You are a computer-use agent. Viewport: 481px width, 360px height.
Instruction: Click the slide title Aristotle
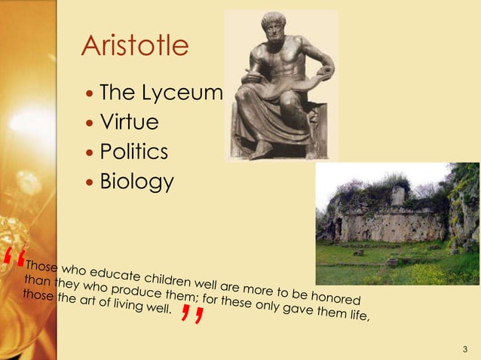coord(135,47)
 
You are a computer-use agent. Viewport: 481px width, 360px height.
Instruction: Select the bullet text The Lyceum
coord(161,93)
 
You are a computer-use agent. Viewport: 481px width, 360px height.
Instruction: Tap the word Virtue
coord(130,123)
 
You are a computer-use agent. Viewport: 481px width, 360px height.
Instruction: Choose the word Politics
coord(134,152)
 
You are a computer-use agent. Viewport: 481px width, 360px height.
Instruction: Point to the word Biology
coord(136,182)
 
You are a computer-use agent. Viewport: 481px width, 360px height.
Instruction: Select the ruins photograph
coord(397,223)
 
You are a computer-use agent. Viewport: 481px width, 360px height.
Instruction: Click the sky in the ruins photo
coord(362,177)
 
